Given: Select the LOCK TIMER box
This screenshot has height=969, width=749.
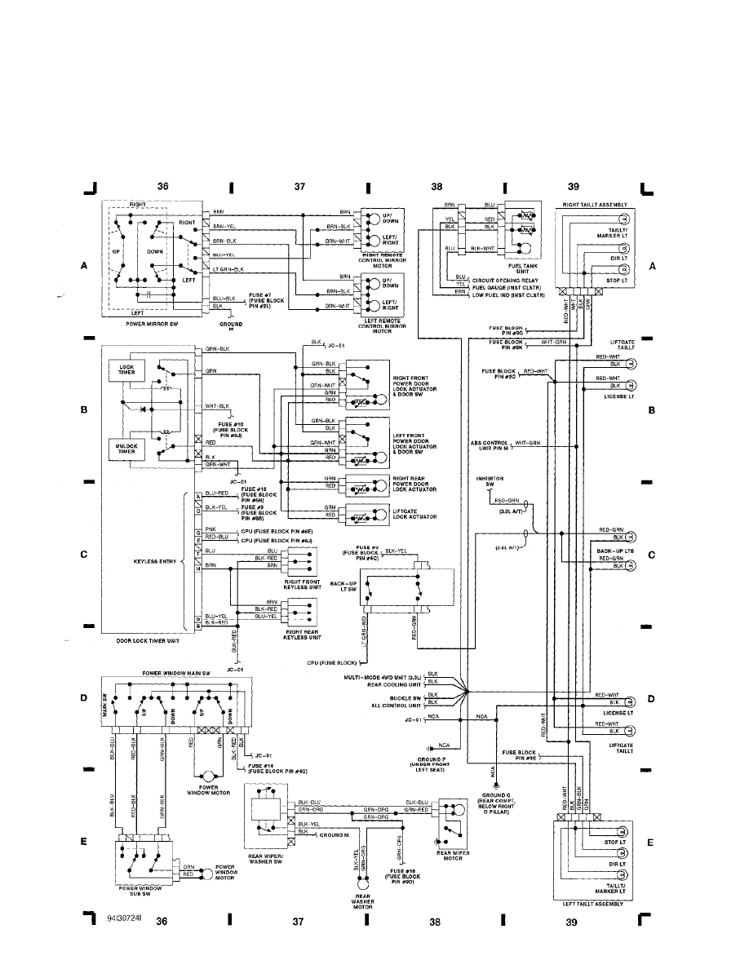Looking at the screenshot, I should point(126,370).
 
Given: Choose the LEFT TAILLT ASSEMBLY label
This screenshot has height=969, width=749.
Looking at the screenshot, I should point(592,903).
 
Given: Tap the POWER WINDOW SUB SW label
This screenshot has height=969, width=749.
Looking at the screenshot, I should point(141,890).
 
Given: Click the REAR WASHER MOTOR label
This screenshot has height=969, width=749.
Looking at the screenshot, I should point(364,900).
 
